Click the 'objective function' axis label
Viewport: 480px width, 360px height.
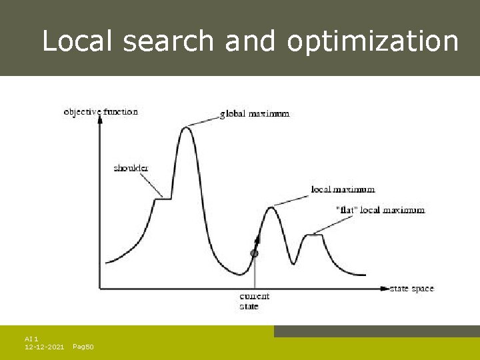click(x=101, y=112)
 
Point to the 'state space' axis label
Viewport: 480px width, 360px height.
click(x=411, y=289)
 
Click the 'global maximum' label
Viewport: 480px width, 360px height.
click(x=255, y=114)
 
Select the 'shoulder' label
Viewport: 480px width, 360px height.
click(x=131, y=169)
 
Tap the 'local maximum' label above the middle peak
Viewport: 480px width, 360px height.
click(x=343, y=190)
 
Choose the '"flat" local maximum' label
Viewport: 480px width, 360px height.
click(x=379, y=210)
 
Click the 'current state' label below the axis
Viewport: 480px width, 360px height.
click(x=254, y=301)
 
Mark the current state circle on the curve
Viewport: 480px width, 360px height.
click(x=254, y=253)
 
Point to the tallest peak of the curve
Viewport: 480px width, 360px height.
click(x=187, y=127)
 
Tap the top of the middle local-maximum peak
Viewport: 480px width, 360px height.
click(x=271, y=208)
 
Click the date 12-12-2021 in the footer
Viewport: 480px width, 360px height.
click(x=44, y=347)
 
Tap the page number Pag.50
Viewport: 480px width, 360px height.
click(x=83, y=347)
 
